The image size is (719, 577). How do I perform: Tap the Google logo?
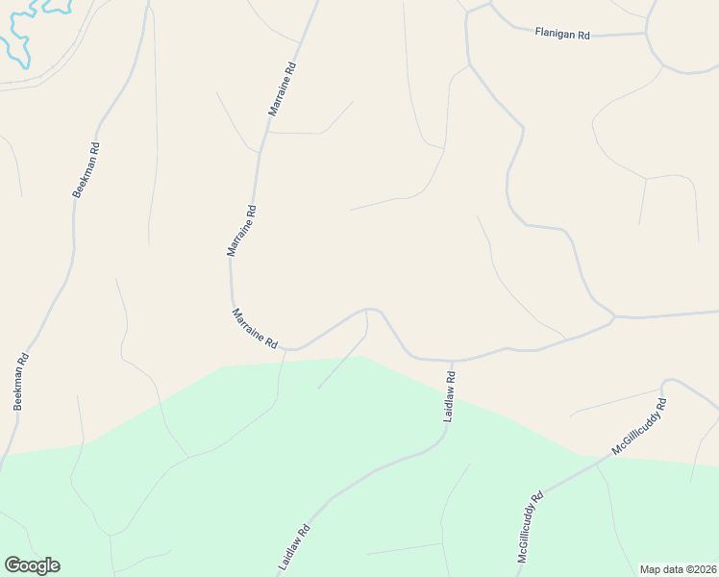tap(32, 565)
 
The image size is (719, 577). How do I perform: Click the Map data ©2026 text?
tap(678, 568)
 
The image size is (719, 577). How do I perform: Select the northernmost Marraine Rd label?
tap(284, 89)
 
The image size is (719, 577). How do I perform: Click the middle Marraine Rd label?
tap(241, 230)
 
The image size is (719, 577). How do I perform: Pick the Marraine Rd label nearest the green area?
tap(255, 328)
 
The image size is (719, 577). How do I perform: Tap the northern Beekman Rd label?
tap(87, 170)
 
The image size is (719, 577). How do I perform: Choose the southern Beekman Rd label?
tap(22, 382)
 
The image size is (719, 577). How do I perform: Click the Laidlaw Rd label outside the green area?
tap(450, 397)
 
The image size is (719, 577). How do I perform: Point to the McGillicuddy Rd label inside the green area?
tap(531, 527)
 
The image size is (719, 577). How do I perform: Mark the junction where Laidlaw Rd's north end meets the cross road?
tap(452, 362)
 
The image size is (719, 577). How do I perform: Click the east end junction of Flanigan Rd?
tap(646, 34)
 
